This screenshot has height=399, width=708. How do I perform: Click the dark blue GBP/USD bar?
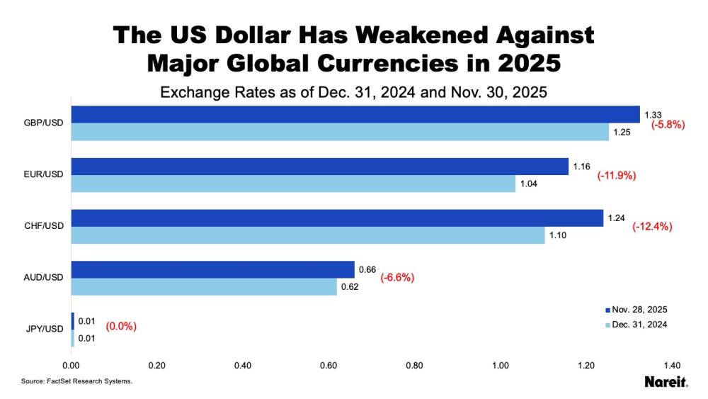click(x=354, y=115)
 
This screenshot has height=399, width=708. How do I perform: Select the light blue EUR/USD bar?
click(x=293, y=184)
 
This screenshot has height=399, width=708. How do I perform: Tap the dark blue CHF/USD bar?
click(x=337, y=218)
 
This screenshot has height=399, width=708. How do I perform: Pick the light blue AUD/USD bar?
click(x=205, y=287)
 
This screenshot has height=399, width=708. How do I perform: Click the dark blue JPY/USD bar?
click(x=72, y=321)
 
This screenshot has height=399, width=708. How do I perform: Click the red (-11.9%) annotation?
click(x=617, y=175)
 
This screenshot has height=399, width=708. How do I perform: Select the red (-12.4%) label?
click(x=651, y=227)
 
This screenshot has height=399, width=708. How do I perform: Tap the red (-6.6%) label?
click(x=397, y=278)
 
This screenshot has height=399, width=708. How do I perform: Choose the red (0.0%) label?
click(x=121, y=327)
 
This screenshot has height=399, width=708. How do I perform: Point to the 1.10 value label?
click(x=556, y=235)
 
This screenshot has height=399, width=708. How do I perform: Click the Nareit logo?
click(x=666, y=381)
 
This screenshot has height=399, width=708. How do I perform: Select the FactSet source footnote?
click(x=76, y=381)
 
